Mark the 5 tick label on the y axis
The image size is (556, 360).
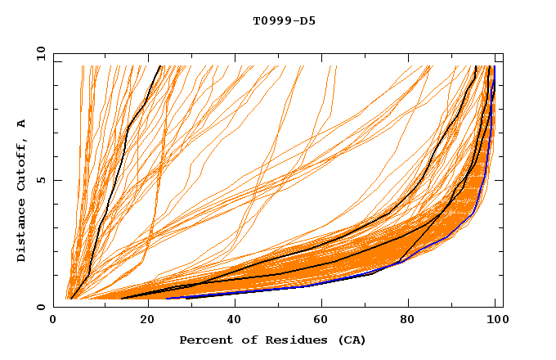41,180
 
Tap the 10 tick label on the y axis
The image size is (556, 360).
38,53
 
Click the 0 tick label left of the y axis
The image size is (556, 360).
41,307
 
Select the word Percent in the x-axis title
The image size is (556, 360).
204,340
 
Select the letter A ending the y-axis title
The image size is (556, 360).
22,124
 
